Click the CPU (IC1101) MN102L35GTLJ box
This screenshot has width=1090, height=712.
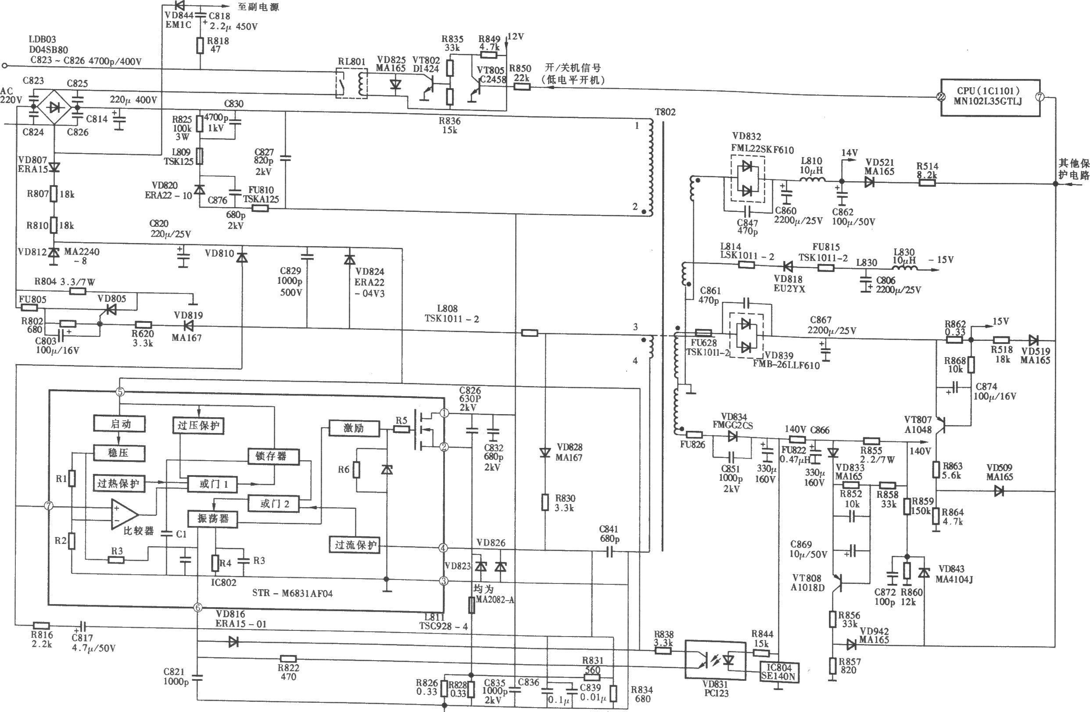[x=990, y=97]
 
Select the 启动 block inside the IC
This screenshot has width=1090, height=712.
[x=119, y=423]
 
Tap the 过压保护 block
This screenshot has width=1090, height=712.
[x=198, y=426]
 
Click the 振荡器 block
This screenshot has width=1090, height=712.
[x=213, y=519]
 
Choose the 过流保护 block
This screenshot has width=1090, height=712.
[x=355, y=545]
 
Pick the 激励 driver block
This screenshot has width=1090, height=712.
[x=354, y=428]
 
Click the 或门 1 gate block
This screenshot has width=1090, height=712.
[x=213, y=484]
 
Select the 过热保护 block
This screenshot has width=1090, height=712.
[x=118, y=483]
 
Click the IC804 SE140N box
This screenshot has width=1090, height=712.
[x=779, y=672]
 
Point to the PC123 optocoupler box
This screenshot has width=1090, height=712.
[x=715, y=660]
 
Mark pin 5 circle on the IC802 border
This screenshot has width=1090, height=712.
[x=120, y=392]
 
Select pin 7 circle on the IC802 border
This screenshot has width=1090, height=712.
[x=49, y=506]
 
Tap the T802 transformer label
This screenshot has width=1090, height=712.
[x=665, y=112]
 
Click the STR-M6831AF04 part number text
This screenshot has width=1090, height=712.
[x=292, y=594]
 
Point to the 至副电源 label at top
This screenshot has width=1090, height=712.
[x=258, y=7]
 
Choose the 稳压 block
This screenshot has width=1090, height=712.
[x=119, y=453]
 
